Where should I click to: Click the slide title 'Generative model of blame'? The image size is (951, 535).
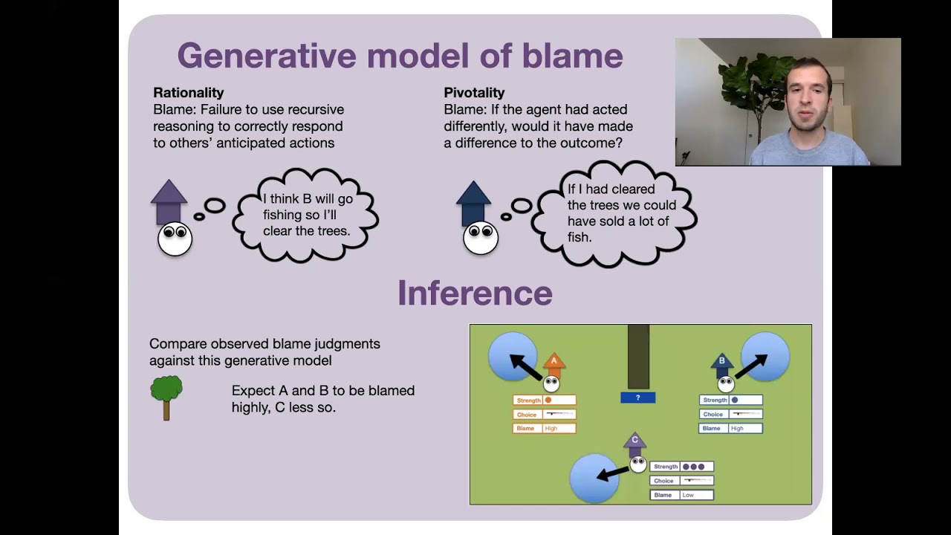click(x=400, y=56)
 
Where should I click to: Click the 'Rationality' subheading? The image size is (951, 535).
click(x=188, y=93)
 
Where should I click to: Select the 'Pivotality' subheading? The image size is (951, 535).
click(x=474, y=93)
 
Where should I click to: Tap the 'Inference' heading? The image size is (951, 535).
click(x=475, y=294)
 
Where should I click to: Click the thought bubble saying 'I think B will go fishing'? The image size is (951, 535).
click(x=307, y=215)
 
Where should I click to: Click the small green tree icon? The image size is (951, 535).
click(x=166, y=397)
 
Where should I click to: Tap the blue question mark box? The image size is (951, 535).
click(x=637, y=398)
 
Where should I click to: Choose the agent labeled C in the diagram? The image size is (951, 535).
click(x=635, y=450)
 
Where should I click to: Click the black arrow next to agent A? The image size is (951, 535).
click(x=525, y=366)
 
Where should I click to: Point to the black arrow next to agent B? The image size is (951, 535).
click(x=750, y=366)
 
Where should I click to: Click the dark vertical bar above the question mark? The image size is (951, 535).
click(x=638, y=356)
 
